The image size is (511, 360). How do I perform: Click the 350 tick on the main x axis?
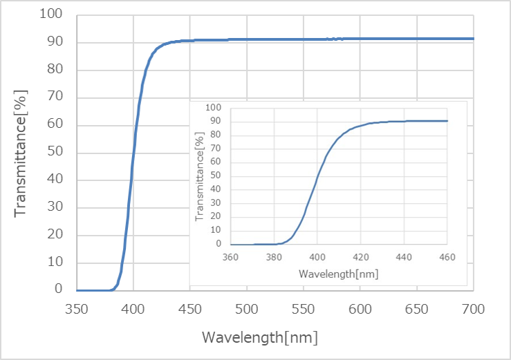(77, 309)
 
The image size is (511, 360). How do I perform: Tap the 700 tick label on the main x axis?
(474, 309)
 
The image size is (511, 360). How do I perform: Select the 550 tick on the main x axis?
(303, 309)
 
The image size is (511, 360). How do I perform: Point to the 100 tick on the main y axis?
(51, 14)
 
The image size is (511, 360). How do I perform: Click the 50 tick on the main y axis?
(55, 151)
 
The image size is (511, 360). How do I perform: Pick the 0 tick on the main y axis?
(58, 289)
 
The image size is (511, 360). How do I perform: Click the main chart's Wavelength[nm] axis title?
(260, 337)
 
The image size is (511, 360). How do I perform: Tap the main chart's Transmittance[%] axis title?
(21, 153)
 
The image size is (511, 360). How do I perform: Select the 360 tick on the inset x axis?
(230, 257)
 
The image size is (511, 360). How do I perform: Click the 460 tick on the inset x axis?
(447, 257)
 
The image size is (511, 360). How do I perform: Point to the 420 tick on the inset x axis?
(360, 257)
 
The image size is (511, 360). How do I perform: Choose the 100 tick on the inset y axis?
(213, 107)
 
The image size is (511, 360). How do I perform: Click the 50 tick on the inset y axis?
(216, 176)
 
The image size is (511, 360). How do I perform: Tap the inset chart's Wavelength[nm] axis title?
(339, 274)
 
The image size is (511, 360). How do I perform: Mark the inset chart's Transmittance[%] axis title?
(199, 177)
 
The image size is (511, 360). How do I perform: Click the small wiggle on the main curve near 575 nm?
(335, 39)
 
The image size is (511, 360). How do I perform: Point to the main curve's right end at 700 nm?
(473, 39)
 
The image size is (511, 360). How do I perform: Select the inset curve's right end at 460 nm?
(447, 121)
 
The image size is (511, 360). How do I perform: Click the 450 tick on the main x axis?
(190, 309)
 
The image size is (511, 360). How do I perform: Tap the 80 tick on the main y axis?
(55, 68)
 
